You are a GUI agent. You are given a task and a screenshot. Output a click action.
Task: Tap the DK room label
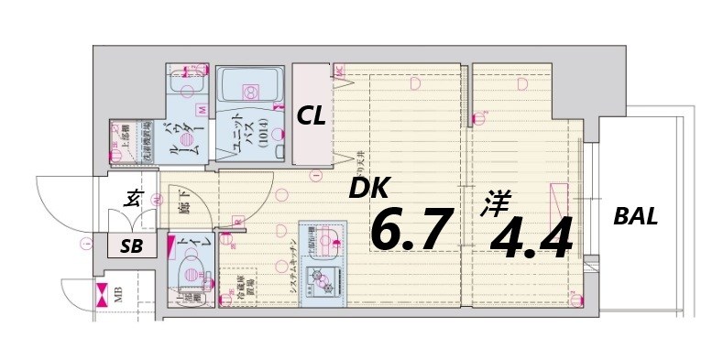[367, 190]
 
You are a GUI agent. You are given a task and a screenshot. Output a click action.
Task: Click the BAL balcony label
[635, 218]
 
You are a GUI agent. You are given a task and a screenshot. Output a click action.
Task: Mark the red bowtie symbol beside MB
[100, 296]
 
